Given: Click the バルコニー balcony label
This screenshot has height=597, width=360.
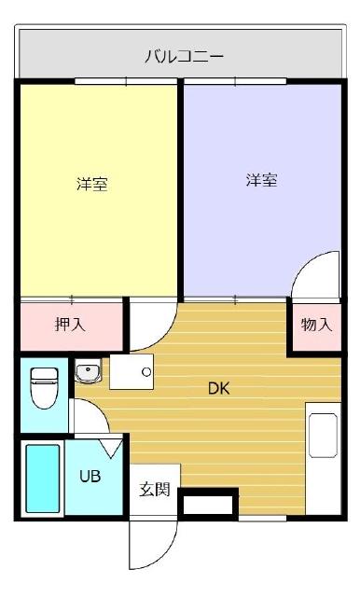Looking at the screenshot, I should tap(184, 56).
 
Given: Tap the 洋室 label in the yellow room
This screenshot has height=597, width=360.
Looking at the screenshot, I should tap(91, 184).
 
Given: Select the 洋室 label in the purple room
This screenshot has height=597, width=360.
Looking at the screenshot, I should tap(261, 180).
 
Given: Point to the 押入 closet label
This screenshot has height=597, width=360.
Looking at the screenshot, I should tap(70, 326).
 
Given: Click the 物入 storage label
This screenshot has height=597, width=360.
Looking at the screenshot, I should tap(315, 326).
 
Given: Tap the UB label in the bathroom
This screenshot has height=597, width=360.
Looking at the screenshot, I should tap(90, 476).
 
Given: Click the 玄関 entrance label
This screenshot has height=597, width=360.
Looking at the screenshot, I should tap(155, 489).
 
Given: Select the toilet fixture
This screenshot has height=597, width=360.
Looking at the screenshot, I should tap(44, 389).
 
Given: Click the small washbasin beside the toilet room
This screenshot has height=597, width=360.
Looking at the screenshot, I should tap(89, 373).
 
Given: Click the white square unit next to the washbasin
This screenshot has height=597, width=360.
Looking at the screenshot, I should tap(130, 373).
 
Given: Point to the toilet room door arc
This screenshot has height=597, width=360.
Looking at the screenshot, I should tap(87, 417).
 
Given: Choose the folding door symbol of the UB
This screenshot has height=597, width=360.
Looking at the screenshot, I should tap(111, 448).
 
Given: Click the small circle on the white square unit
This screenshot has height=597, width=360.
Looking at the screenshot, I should tap(146, 371).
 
